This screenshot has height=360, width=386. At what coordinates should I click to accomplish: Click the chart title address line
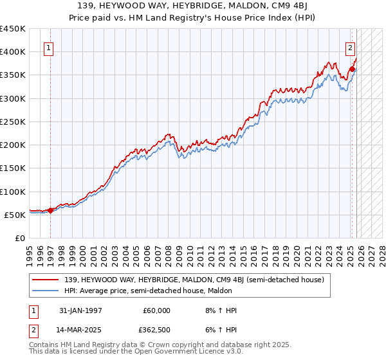pyautogui.click(x=193, y=6)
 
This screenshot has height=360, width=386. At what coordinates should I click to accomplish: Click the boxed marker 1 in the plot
pyautogui.click(x=49, y=47)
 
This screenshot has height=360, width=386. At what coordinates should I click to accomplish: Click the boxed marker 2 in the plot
pyautogui.click(x=350, y=47)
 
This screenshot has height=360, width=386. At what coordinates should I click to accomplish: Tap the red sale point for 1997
pyautogui.click(x=51, y=210)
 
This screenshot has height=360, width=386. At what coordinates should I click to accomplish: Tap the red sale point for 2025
pyautogui.click(x=352, y=69)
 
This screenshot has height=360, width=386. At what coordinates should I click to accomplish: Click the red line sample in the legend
pyautogui.click(x=46, y=280)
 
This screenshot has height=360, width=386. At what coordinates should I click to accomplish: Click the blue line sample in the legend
pyautogui.click(x=46, y=291)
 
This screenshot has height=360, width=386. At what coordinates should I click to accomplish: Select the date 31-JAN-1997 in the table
pyautogui.click(x=80, y=310)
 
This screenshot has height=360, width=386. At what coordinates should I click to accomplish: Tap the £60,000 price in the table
pyautogui.click(x=156, y=310)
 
